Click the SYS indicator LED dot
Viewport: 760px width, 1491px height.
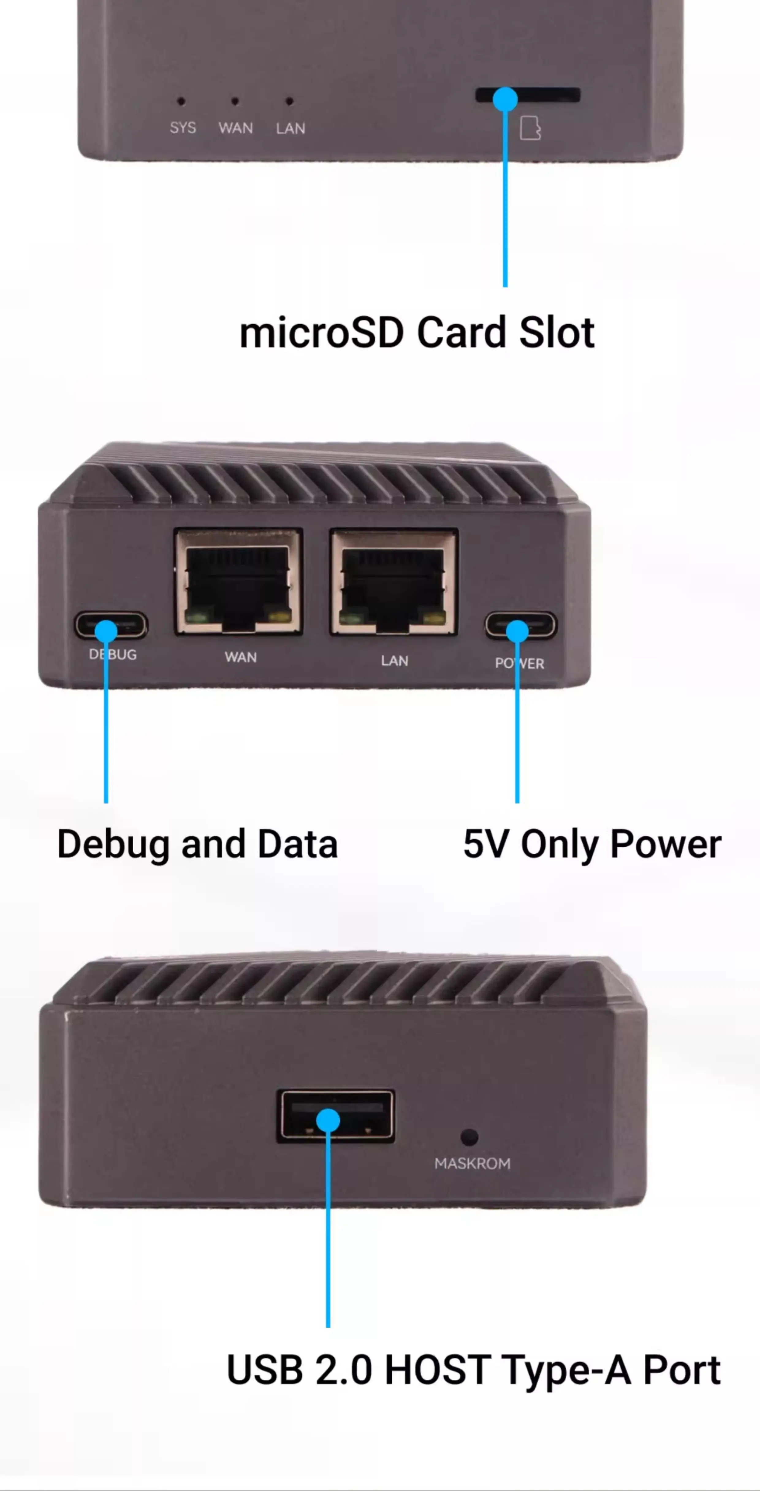181,101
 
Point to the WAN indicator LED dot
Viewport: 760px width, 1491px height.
234,101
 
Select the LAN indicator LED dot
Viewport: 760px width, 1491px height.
289,101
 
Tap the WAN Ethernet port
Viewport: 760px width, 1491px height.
238,582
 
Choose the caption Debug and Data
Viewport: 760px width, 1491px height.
197,844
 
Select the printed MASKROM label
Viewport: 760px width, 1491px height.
472,1163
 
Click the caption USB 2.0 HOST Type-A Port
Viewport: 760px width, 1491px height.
473,1370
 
